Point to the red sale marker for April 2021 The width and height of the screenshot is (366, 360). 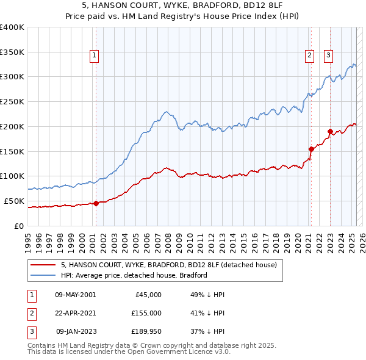pos(311,148)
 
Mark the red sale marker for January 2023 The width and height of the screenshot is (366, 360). pos(330,131)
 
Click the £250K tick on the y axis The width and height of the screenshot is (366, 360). pos(12,101)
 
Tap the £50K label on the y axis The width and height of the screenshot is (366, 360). pos(14,201)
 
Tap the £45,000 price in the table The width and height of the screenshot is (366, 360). pos(148,294)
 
